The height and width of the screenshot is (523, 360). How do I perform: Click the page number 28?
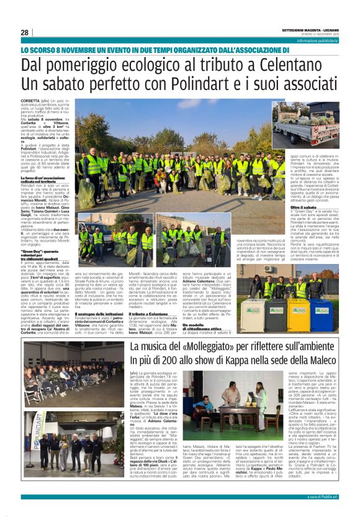click(x=24, y=32)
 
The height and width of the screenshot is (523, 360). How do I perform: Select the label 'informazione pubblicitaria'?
click(x=318, y=40)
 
